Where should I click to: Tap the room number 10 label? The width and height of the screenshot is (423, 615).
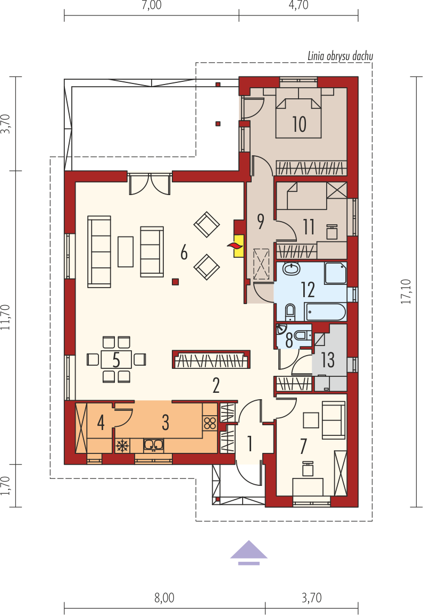(299, 124)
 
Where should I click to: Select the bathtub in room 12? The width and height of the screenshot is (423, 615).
(325, 312)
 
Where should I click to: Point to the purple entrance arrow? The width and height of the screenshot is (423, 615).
(248, 553)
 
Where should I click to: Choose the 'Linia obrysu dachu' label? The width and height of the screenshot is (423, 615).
(340, 56)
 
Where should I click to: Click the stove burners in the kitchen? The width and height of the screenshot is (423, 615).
(210, 423)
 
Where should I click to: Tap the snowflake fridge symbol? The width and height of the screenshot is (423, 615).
(122, 445)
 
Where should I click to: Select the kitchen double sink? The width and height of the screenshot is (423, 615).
(154, 445)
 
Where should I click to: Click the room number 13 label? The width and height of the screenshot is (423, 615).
(328, 360)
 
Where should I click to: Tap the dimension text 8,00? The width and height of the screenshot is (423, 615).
(164, 598)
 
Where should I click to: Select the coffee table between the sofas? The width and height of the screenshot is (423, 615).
(126, 251)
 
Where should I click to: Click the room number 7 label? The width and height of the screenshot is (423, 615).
(303, 446)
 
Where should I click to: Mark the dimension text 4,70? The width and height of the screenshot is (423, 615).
(298, 5)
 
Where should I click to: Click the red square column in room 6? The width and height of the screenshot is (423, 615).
(176, 281)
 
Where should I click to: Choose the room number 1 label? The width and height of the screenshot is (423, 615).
(250, 443)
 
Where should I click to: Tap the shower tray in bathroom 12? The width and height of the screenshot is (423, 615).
(335, 273)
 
